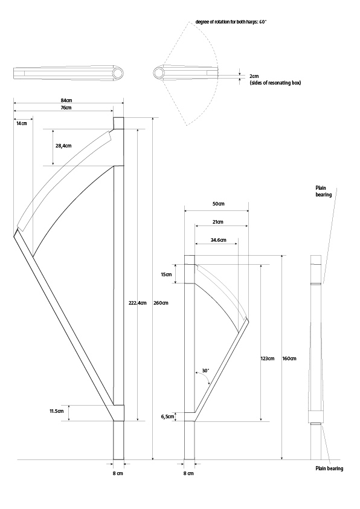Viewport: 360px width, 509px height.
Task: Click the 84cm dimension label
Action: pyautogui.click(x=66, y=100)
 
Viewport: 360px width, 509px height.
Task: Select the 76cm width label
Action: pyautogui.click(x=66, y=108)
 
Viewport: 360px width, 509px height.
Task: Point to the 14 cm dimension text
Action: pyautogui.click(x=22, y=123)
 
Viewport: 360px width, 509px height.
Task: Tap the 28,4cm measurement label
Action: pyautogui.click(x=63, y=146)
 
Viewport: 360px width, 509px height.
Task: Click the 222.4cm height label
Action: pyautogui.click(x=138, y=303)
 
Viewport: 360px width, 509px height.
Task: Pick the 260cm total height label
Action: pyautogui.click(x=161, y=303)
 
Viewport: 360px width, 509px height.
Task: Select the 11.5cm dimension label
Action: pyautogui.click(x=56, y=411)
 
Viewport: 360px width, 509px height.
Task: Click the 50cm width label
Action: pyautogui.click(x=218, y=204)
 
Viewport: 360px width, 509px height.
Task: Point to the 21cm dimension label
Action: pyautogui.click(x=217, y=222)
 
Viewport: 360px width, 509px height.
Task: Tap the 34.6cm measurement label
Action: pyautogui.click(x=218, y=240)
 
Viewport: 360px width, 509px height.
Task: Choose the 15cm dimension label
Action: pyautogui.click(x=166, y=274)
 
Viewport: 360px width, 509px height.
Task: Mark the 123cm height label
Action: pyautogui.click(x=268, y=358)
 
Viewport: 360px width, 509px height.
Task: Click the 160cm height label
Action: pyautogui.click(x=289, y=358)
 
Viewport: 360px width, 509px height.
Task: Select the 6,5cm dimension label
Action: pyautogui.click(x=168, y=417)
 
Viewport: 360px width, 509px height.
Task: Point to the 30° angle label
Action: pyautogui.click(x=205, y=371)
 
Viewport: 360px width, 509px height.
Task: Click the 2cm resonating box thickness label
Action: pyautogui.click(x=254, y=76)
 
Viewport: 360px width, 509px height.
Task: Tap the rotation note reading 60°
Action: pyautogui.click(x=231, y=22)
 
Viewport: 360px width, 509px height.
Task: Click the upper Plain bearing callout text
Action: pyautogui.click(x=324, y=191)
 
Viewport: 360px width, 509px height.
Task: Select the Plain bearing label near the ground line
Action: pyautogui.click(x=329, y=468)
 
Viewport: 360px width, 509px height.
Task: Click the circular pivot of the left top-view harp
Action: pyautogui.click(x=118, y=73)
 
